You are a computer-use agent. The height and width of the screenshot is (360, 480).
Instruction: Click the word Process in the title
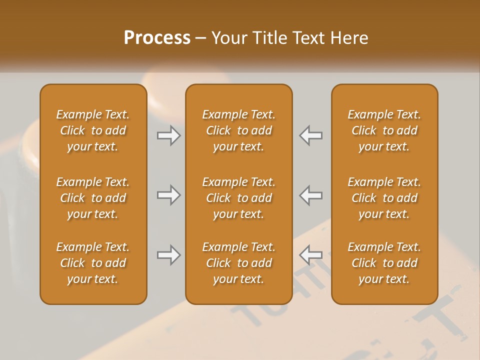point(157,37)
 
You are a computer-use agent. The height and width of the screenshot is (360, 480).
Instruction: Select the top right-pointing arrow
point(169,135)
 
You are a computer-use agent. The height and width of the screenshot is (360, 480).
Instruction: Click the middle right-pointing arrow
point(169,195)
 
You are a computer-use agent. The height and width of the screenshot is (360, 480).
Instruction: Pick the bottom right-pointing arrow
point(169,255)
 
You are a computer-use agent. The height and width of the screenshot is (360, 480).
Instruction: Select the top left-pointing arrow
point(311,135)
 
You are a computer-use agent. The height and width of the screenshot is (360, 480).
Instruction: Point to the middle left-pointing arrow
point(311,195)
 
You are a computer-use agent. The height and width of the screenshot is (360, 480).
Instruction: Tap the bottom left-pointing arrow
point(311,255)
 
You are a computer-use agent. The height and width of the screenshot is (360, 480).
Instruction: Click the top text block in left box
point(93,130)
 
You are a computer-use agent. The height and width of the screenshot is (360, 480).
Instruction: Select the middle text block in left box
point(93,198)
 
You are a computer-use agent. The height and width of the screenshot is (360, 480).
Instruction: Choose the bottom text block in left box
point(93,263)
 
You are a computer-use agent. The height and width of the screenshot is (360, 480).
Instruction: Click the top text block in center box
point(238,130)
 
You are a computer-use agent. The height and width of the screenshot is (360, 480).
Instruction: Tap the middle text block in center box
point(238,198)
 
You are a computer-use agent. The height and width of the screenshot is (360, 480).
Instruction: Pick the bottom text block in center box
point(238,263)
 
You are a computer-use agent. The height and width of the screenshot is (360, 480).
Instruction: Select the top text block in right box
point(384,130)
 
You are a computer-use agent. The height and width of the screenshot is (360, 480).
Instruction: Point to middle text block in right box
point(384,198)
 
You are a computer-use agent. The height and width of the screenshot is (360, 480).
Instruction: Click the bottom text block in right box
point(384,263)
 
